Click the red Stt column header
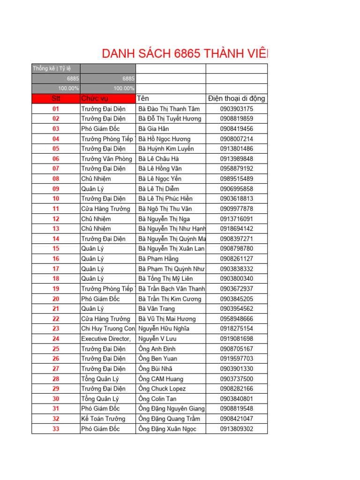[x=56, y=98]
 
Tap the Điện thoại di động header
[x=236, y=98]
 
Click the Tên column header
[x=143, y=98]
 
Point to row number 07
[x=56, y=169]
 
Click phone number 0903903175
[x=236, y=109]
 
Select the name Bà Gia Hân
[x=154, y=129]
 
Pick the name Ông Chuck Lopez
[x=162, y=389]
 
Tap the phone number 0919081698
[x=236, y=339]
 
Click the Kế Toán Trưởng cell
[x=103, y=419]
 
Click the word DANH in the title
[x=117, y=54]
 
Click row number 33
[x=56, y=429]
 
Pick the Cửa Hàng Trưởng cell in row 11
[x=105, y=209]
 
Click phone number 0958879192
[x=236, y=169]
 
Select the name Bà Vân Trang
[x=157, y=309]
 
